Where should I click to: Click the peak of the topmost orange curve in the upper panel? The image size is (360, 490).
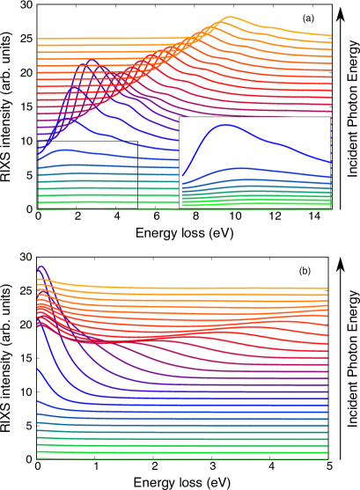click(x=229, y=17)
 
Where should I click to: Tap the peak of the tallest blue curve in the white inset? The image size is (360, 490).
click(x=225, y=125)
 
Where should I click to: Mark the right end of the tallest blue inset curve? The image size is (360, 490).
click(x=330, y=162)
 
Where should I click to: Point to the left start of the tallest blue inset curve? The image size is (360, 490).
click(x=182, y=176)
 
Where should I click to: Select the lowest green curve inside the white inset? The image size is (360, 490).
click(x=255, y=205)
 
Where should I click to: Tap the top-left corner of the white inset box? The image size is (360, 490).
click(x=180, y=117)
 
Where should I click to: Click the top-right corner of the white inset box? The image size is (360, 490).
click(x=331, y=117)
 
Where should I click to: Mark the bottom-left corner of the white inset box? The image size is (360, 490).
click(x=180, y=208)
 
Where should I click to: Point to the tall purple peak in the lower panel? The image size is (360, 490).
click(x=40, y=266)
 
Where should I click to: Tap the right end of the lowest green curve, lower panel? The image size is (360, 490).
click(x=328, y=459)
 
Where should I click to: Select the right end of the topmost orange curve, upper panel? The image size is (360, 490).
click(x=331, y=35)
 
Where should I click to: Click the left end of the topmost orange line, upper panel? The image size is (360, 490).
click(x=37, y=39)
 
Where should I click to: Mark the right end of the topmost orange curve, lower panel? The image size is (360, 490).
click(x=327, y=288)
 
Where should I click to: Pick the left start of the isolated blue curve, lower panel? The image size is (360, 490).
click(x=37, y=369)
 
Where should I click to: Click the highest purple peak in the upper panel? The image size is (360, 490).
click(x=92, y=61)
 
